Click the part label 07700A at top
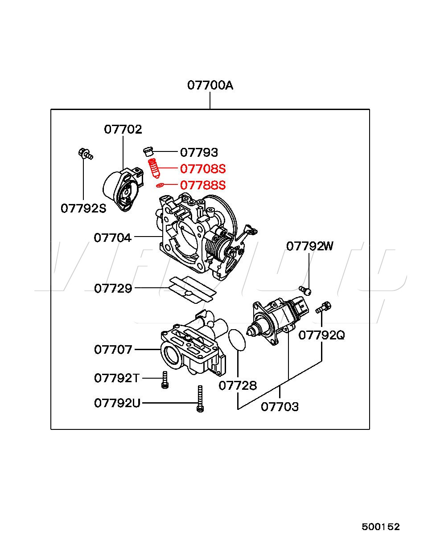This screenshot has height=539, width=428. coord(210,85)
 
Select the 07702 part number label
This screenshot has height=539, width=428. coord(123,129)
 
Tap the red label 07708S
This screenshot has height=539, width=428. coord(203,169)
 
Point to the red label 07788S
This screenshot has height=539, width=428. coord(203,185)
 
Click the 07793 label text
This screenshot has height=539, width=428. coord(199,153)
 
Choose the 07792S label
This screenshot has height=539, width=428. coord(83,208)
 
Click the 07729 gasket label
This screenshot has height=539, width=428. coord(113,289)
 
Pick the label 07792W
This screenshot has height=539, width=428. coord(309,246)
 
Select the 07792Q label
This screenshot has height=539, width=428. coord(321,335)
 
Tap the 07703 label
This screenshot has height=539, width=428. coord(280,406)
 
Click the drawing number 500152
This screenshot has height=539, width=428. coord(381,527)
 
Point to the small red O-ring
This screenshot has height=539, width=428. coord(160,184)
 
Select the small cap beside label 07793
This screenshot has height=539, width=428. coord(149,151)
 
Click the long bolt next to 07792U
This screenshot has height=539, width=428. coord(200,399)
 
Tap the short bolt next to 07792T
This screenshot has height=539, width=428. coord(165,380)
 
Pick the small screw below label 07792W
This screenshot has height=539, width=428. coord(305,290)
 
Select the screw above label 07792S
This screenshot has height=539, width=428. coord(84,154)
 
